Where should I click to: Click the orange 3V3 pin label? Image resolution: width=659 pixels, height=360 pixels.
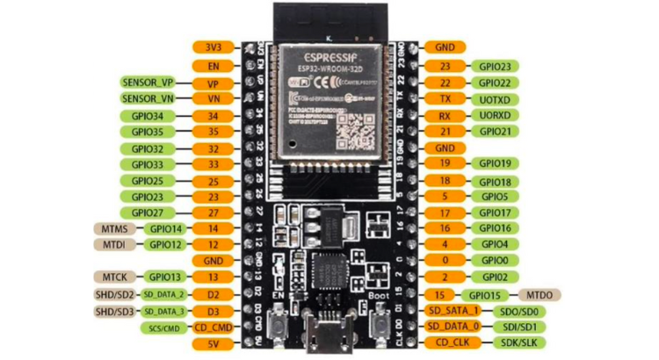click(x=213, y=47)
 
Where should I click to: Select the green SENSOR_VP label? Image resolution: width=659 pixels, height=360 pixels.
click(x=147, y=82)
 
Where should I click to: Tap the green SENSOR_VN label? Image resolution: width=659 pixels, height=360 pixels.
click(x=147, y=98)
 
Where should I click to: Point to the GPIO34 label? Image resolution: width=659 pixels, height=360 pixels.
click(x=147, y=115)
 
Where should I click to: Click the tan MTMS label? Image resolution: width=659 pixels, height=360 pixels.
click(x=112, y=228)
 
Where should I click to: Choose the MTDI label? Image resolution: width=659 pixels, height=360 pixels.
click(x=112, y=244)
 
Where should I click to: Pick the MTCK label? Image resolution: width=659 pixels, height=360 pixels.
click(x=112, y=277)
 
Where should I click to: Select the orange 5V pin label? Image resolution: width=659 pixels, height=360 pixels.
click(x=213, y=342)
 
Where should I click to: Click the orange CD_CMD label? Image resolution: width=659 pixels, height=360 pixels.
click(x=213, y=327)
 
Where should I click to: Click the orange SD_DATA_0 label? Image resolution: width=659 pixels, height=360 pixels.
click(x=453, y=327)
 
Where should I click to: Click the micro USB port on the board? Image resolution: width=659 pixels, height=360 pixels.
click(x=329, y=337)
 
